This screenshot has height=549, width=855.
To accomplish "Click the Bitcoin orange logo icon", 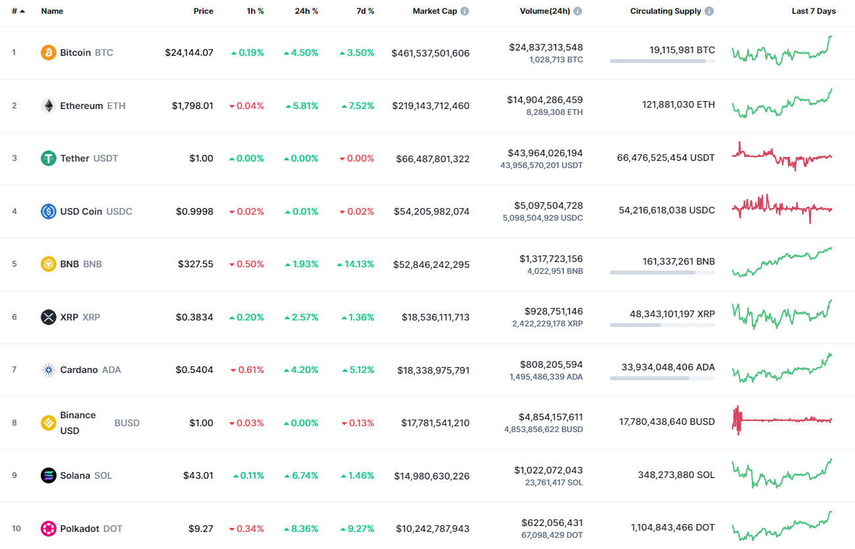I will pos(49,53).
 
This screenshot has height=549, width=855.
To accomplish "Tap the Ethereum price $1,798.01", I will pos(193,106).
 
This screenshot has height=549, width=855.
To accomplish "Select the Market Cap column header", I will pos(434,11).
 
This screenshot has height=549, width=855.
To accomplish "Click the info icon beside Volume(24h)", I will pos(578,11).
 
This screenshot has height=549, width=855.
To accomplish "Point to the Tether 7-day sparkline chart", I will pos(781,157).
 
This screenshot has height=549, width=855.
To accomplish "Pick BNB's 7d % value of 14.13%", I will pos(356,264).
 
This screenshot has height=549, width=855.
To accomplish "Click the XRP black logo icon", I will pos(49,317).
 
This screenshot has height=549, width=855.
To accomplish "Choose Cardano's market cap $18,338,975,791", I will pos(433,370).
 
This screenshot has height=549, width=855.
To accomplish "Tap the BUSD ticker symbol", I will pos(127,423).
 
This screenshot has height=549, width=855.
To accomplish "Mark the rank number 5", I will pos(14,264).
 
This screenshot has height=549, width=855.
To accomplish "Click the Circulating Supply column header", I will pos(666,11).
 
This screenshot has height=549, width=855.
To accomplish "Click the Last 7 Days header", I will pos(814,11).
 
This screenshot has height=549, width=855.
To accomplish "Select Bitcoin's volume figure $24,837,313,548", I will pos(545,47).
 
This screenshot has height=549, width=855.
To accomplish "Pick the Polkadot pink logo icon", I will pos(49,529).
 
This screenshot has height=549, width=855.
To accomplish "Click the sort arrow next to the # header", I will pos(23,11).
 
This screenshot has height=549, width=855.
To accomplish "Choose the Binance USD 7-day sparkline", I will pos(781,420).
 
